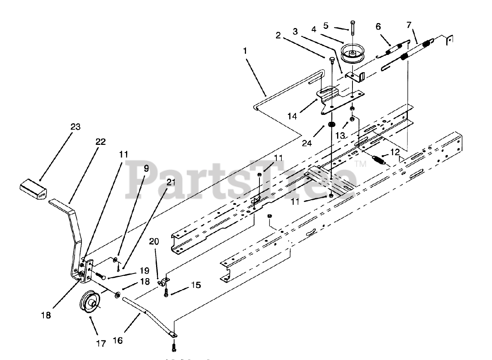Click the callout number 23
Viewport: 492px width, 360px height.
(75, 127)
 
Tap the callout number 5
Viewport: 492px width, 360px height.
(326, 26)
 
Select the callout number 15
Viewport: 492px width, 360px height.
(196, 285)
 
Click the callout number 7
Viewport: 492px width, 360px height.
(409, 26)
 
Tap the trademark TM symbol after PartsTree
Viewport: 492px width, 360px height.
(362, 164)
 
